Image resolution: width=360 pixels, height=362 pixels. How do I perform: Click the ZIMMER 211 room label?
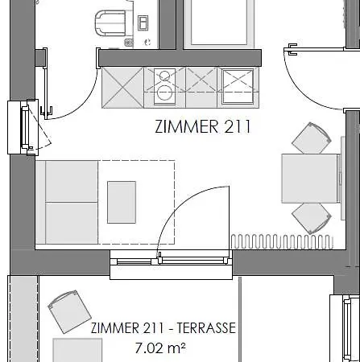[203, 126]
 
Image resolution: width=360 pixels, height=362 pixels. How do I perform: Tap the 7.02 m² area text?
[160, 348]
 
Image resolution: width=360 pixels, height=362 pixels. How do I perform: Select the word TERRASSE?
[206, 327]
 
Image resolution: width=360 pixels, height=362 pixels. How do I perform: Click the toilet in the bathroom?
[110, 23]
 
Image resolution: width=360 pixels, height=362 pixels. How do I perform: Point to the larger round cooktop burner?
[164, 93]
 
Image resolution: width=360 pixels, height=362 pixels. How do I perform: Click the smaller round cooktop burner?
[164, 76]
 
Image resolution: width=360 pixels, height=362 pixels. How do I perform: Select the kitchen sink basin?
[238, 86]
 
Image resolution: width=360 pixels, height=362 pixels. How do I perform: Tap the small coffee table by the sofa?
[122, 202]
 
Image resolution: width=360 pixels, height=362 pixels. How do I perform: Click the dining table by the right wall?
[310, 179]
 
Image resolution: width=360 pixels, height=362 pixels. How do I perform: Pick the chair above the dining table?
[312, 138]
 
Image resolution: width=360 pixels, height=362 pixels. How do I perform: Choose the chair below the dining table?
[312, 218]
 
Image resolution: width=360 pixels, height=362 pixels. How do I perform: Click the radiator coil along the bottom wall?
[282, 241]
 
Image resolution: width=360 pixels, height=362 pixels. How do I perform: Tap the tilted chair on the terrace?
[69, 311]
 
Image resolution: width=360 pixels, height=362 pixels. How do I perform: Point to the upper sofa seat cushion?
[72, 181]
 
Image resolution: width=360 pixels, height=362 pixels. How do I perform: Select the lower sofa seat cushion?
[72, 223]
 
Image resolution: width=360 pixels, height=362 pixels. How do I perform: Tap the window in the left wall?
[23, 127]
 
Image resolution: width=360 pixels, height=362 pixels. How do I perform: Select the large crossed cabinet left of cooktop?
[122, 88]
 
